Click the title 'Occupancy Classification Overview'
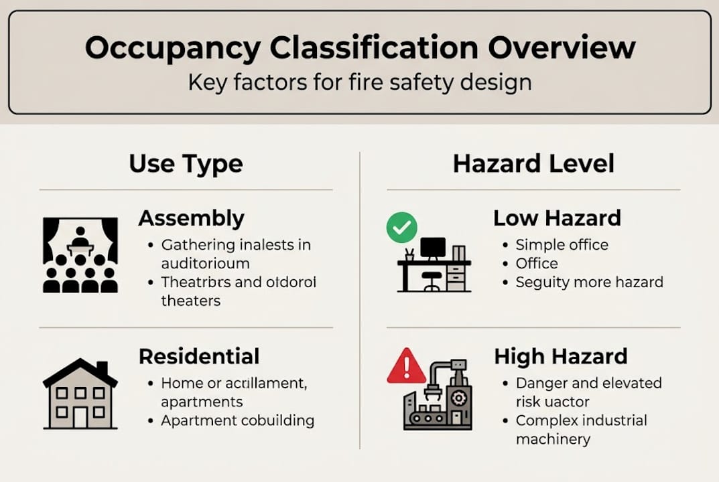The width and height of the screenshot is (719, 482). point(360,48)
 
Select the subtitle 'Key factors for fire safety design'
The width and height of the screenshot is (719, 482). point(360,82)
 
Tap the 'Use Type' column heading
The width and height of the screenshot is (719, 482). point(186,164)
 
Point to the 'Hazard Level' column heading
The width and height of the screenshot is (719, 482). point(533,164)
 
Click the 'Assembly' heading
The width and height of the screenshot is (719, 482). point(191,218)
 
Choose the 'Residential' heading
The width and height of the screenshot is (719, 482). point(198,356)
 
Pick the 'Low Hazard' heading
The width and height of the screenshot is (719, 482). point(557,218)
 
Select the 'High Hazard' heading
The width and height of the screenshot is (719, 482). point(560,356)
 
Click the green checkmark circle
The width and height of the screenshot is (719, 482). point(401,228)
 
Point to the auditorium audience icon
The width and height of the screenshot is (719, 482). point(80,255)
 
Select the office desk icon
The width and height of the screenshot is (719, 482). point(434,264)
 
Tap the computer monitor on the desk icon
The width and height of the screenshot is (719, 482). point(432,247)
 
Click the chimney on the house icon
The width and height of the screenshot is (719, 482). point(102,370)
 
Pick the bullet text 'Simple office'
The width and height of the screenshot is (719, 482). point(562,245)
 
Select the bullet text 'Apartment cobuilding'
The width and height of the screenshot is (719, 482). point(237,421)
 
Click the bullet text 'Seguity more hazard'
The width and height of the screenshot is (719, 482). point(589,282)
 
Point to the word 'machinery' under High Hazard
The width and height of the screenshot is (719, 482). point(553,439)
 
